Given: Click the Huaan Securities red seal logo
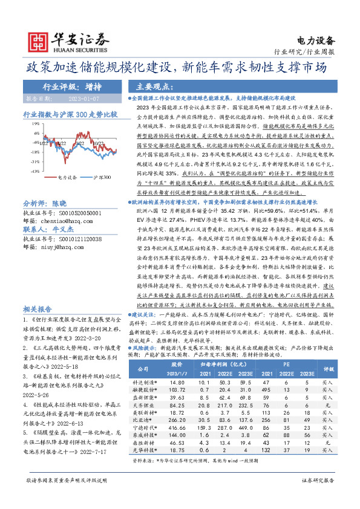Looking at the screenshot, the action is coord(38,41).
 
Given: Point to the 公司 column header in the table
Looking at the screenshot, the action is coord(143,368).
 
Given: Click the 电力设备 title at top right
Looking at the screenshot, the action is coord(317,41).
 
